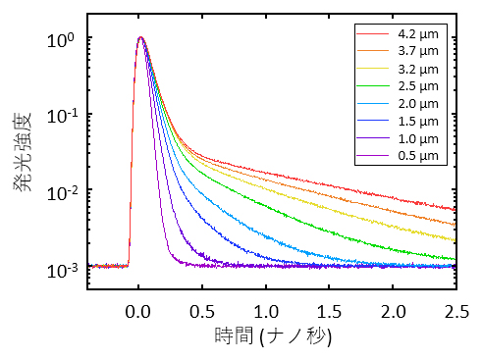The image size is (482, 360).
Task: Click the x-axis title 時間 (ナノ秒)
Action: click(x=273, y=337)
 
